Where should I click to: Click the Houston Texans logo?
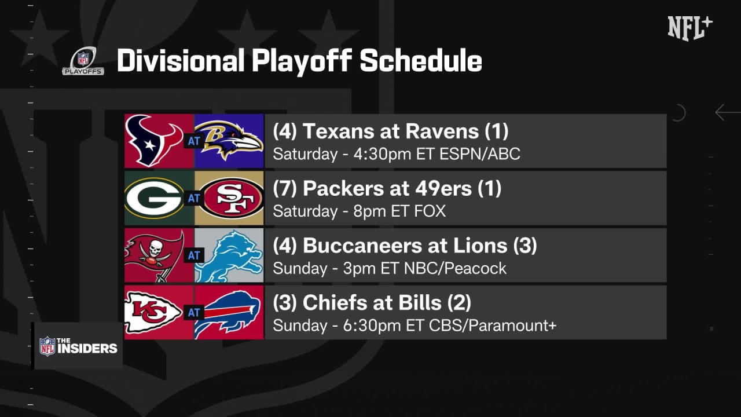pos(155,141)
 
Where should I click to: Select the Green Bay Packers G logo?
pos(154,198)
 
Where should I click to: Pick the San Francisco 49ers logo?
pos(233,198)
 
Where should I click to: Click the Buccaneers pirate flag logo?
pos(155,255)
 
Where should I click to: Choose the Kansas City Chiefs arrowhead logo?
pos(153,312)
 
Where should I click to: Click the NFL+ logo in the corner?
pos(690,28)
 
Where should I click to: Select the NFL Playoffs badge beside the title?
pos(83,61)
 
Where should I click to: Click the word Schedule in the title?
pos(421,61)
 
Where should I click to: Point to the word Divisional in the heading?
pos(181,61)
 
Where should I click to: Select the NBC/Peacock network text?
pos(455,268)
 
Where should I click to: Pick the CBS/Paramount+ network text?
pos(493,325)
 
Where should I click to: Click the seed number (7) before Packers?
pos(285,189)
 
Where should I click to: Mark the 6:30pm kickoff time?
pos(372,325)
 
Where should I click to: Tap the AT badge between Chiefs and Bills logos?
pos(194,312)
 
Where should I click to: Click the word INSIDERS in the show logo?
pos(87,349)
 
